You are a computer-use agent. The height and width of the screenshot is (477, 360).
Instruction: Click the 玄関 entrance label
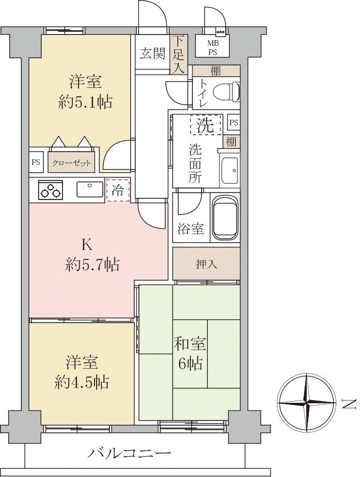click(x=152, y=53)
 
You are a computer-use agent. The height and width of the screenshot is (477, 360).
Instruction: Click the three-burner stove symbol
click(x=51, y=190)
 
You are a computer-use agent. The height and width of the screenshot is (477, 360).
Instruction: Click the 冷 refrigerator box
click(x=118, y=190)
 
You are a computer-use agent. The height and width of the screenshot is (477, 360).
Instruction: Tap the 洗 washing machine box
click(x=206, y=125)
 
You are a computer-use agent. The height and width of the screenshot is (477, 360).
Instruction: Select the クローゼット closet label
click(x=71, y=163)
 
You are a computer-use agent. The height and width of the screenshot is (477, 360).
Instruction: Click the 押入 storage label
click(x=206, y=264)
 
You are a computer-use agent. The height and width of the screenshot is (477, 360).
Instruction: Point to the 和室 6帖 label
click(x=190, y=354)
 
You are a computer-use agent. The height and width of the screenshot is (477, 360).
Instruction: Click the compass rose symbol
click(x=306, y=403)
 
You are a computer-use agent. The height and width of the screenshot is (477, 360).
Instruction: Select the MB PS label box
click(x=212, y=48)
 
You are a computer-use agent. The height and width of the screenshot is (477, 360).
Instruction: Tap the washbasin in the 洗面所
click(x=229, y=171)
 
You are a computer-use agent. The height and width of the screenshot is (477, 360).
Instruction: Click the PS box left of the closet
click(x=36, y=163)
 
